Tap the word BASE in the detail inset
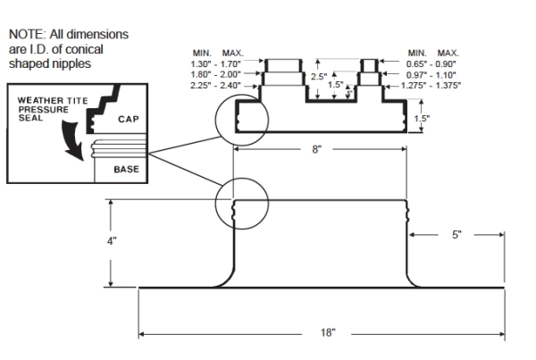click(x=125, y=168)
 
